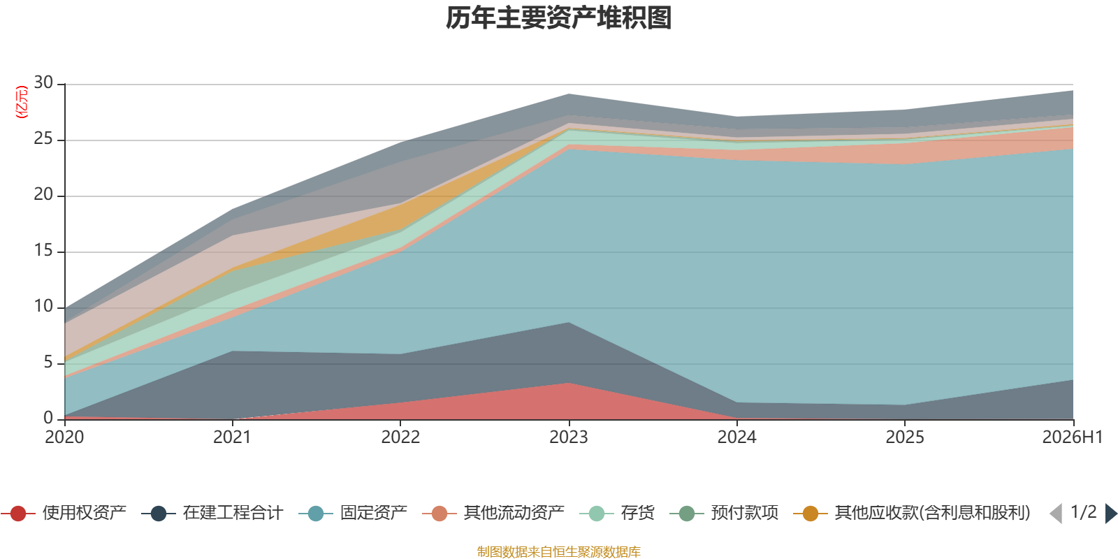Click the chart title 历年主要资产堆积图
[x=558, y=18]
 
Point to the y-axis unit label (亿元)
[x=22, y=102]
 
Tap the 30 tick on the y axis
[x=43, y=82]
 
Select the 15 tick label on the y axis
[x=43, y=250]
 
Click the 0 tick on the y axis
[x=48, y=418]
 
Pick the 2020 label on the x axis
[x=64, y=437]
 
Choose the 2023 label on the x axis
[x=569, y=437]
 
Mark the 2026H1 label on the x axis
[x=1073, y=437]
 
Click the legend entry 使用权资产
[x=64, y=513]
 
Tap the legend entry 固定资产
[x=353, y=513]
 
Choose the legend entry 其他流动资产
[x=493, y=513]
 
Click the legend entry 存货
[x=617, y=513]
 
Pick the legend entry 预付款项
[x=724, y=513]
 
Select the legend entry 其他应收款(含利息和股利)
[x=912, y=513]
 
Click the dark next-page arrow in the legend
[x=1111, y=514]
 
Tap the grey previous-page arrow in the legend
[x=1056, y=514]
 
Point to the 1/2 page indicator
[x=1084, y=512]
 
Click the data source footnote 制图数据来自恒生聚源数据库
[x=558, y=551]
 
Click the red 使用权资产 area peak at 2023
[x=569, y=383]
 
